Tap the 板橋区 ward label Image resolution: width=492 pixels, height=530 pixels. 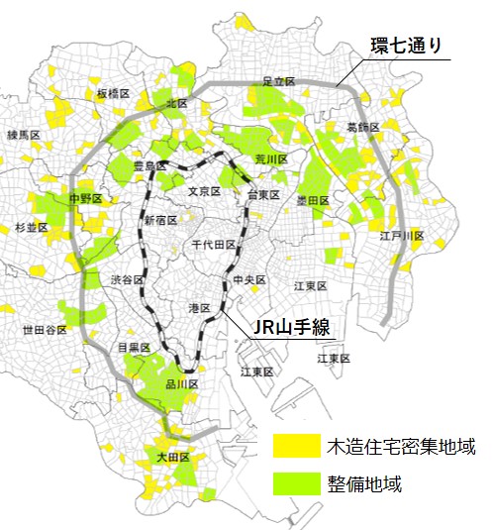(x=114, y=93)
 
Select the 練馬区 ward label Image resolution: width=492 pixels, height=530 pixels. (x=23, y=134)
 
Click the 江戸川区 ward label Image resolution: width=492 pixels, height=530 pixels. (x=402, y=236)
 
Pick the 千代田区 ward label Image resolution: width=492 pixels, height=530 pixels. (x=213, y=244)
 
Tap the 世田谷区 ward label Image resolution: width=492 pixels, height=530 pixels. (x=41, y=330)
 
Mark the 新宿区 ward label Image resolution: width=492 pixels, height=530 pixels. (x=160, y=220)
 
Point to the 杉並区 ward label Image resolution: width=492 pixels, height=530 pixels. (x=32, y=227)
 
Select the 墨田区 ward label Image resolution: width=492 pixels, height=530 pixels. (x=313, y=200)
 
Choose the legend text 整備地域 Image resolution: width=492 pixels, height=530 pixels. (x=364, y=484)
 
